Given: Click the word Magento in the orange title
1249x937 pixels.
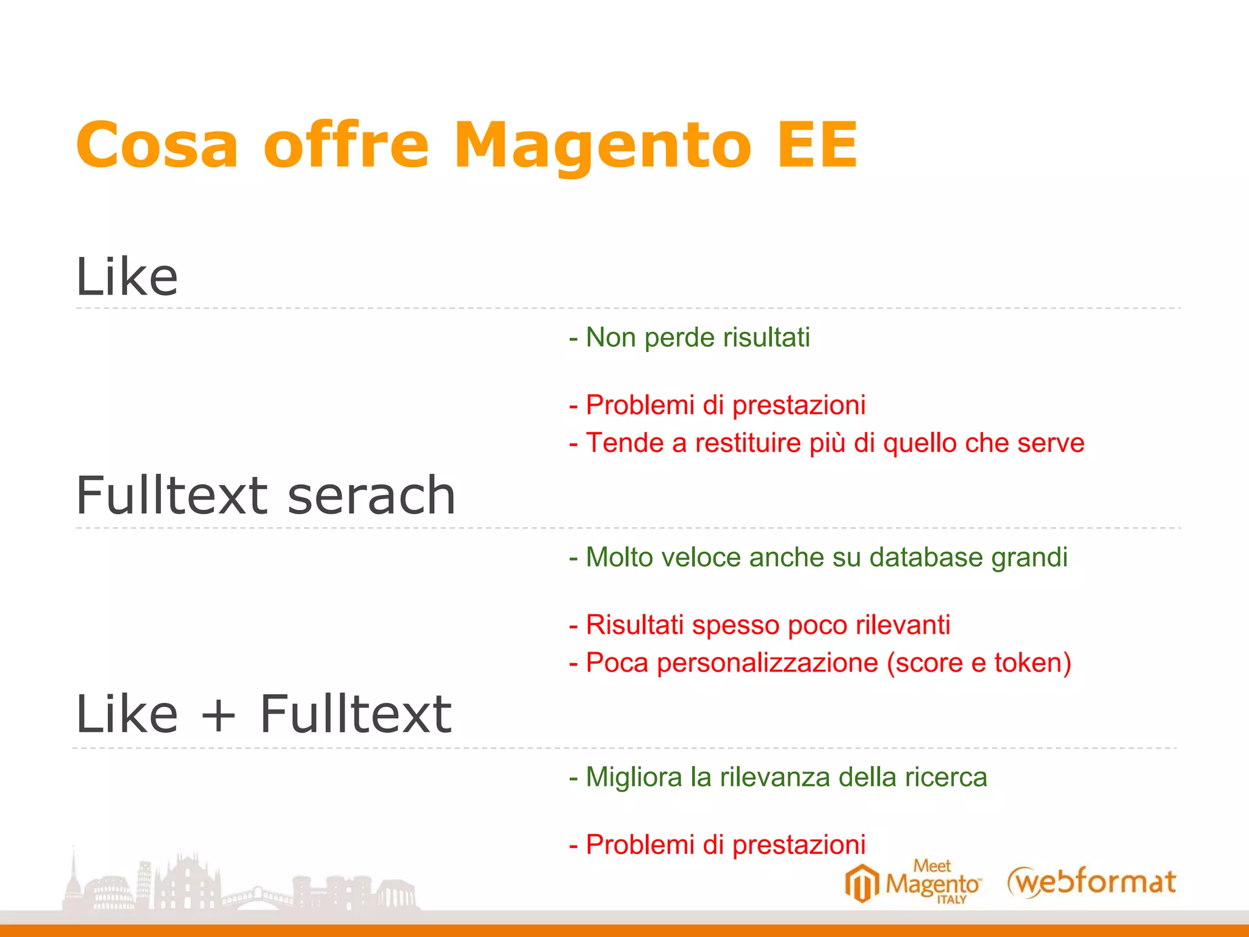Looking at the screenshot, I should point(603,146).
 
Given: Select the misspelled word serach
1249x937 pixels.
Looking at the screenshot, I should point(371,495).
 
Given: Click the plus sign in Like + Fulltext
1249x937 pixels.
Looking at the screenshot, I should point(218,715).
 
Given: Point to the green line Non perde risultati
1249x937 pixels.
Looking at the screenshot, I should point(689,337).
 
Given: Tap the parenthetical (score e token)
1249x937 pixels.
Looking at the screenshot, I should point(979,662).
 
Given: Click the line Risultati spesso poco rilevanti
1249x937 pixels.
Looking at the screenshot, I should point(759,625).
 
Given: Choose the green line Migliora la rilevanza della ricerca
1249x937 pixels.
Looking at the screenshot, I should point(778,777).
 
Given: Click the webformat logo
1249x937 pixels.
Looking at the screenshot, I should point(1091,882).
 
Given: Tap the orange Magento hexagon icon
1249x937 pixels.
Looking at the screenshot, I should point(862,883).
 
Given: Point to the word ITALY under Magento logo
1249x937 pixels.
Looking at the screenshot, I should point(951,900).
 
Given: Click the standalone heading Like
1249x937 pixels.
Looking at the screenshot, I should point(127,278).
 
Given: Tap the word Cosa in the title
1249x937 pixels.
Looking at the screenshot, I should point(157,146).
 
